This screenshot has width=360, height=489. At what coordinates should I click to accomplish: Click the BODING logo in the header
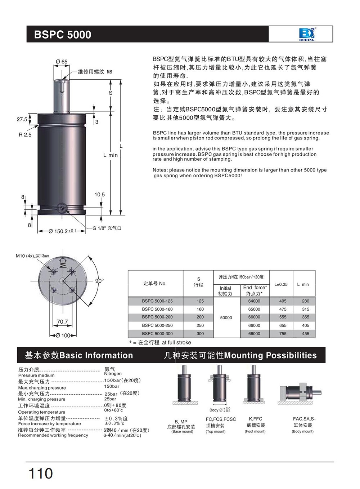pyautogui.click(x=307, y=34)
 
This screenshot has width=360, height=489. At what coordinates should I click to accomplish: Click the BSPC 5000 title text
pyautogui.click(x=63, y=35)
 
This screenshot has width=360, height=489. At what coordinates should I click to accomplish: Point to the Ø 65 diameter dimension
pyautogui.click(x=62, y=62)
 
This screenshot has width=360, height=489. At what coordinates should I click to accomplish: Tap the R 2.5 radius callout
pyautogui.click(x=25, y=135)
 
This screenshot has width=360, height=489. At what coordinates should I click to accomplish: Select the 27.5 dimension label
pyautogui.click(x=22, y=119)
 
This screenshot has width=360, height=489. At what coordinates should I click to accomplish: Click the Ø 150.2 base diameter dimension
pyautogui.click(x=63, y=231)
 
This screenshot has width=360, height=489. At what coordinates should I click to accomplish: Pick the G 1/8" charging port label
pyautogui.click(x=107, y=228)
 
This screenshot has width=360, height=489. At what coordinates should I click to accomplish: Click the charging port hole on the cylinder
pyautogui.click(x=62, y=208)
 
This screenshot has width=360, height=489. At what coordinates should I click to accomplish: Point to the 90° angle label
pyautogui.click(x=99, y=281)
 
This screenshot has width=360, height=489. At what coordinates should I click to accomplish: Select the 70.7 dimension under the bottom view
pyautogui.click(x=62, y=321)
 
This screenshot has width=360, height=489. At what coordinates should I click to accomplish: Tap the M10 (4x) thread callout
pyautogui.click(x=32, y=256)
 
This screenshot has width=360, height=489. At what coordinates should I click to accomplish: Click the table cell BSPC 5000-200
pyautogui.click(x=157, y=317)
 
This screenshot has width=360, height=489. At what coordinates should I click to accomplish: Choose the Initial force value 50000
pyautogui.click(x=226, y=317)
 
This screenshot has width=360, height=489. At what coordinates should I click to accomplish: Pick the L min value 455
pyautogui.click(x=306, y=334)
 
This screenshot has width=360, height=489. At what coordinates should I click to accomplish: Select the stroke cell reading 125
pyautogui.click(x=200, y=301)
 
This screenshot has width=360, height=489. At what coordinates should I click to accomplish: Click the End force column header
pyautogui.click(x=255, y=290)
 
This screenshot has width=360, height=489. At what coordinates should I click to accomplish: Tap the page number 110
pyautogui.click(x=41, y=474)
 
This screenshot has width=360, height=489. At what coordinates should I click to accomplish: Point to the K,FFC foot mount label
pyautogui.click(x=255, y=419)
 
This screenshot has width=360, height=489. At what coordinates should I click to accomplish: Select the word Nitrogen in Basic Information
pyautogui.click(x=113, y=374)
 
